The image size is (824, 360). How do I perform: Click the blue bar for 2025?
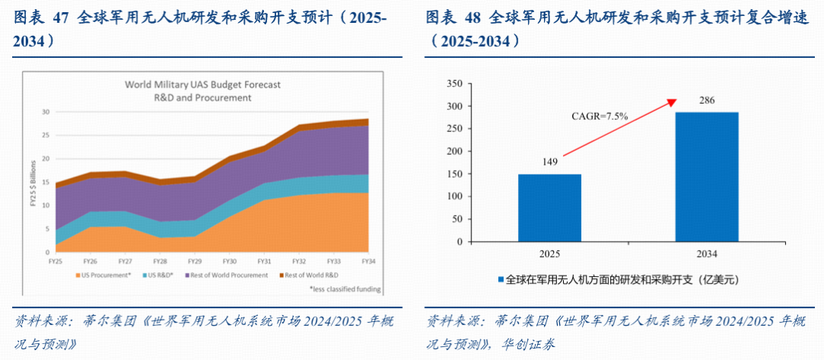click(x=549, y=208)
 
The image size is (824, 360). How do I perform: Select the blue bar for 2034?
click(x=707, y=177)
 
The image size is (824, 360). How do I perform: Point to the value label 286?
click(x=707, y=101)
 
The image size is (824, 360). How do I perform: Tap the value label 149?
click(x=549, y=162)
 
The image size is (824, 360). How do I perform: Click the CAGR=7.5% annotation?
click(x=600, y=117)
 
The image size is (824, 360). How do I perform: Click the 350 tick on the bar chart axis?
click(x=455, y=84)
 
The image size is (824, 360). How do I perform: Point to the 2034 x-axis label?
click(x=707, y=254)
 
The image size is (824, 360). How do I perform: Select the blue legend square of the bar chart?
click(x=501, y=279)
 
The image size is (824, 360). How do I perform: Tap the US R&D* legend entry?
click(x=158, y=275)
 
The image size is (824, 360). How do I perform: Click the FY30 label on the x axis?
click(x=229, y=261)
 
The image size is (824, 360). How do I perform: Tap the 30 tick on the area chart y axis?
click(x=46, y=112)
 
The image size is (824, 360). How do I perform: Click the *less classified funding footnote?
click(x=345, y=289)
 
